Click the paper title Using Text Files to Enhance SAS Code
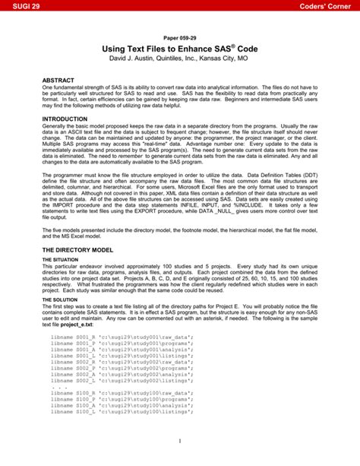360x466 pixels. coord(179,49)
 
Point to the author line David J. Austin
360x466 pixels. coord(179,59)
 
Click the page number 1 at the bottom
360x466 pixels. coord(180,441)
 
